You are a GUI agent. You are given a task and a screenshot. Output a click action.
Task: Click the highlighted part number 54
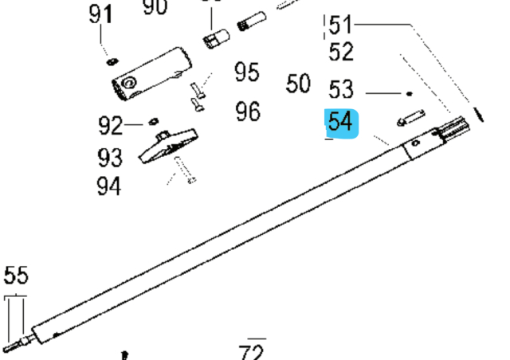[x=343, y=123]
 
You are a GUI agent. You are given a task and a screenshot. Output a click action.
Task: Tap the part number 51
[x=341, y=24]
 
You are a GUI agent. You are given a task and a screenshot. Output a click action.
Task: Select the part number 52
[x=341, y=53]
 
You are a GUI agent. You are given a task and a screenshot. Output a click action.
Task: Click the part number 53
[x=341, y=88]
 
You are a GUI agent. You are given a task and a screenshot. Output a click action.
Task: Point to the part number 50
[x=298, y=84]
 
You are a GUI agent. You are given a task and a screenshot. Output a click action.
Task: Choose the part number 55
[x=16, y=276]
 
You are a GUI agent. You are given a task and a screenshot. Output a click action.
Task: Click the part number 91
[x=100, y=15]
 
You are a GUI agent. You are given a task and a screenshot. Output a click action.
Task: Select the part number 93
[x=110, y=155]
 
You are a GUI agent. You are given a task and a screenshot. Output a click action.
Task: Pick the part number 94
[x=110, y=186]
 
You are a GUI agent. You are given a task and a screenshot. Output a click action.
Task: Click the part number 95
[x=248, y=72]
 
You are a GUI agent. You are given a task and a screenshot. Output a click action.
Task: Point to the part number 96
[x=248, y=111]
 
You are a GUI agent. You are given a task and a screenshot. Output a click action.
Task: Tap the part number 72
[x=252, y=351]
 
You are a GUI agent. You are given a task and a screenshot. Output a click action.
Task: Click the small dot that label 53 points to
[x=410, y=93]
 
